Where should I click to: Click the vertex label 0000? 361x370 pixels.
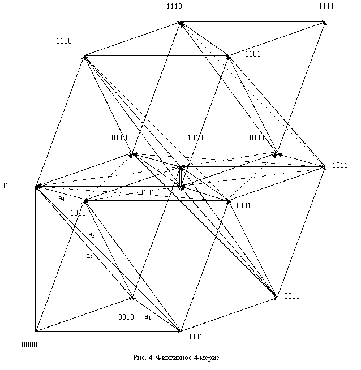click(29, 345)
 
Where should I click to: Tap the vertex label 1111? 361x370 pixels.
click(326, 7)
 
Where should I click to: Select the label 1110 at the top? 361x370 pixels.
click(174, 7)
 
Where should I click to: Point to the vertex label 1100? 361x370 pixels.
click(64, 41)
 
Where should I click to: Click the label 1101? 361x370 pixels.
click(253, 54)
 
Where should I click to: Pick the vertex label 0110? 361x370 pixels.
click(119, 137)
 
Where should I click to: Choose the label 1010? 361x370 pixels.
click(195, 137)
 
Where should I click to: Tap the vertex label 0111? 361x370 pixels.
click(257, 137)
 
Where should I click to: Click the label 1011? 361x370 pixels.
click(339, 166)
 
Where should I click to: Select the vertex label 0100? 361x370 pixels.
click(9, 186)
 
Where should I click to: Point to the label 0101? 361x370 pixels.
click(147, 192)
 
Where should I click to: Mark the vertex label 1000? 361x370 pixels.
click(78, 213)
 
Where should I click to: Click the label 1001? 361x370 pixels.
click(243, 205)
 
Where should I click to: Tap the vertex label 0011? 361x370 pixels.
click(291, 296)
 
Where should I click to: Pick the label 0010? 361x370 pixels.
click(126, 317)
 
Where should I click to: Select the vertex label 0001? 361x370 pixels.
click(195, 337)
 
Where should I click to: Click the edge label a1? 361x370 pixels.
click(148, 317)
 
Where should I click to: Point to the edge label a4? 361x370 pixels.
click(62, 199)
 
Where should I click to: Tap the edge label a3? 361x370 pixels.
click(92, 235)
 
